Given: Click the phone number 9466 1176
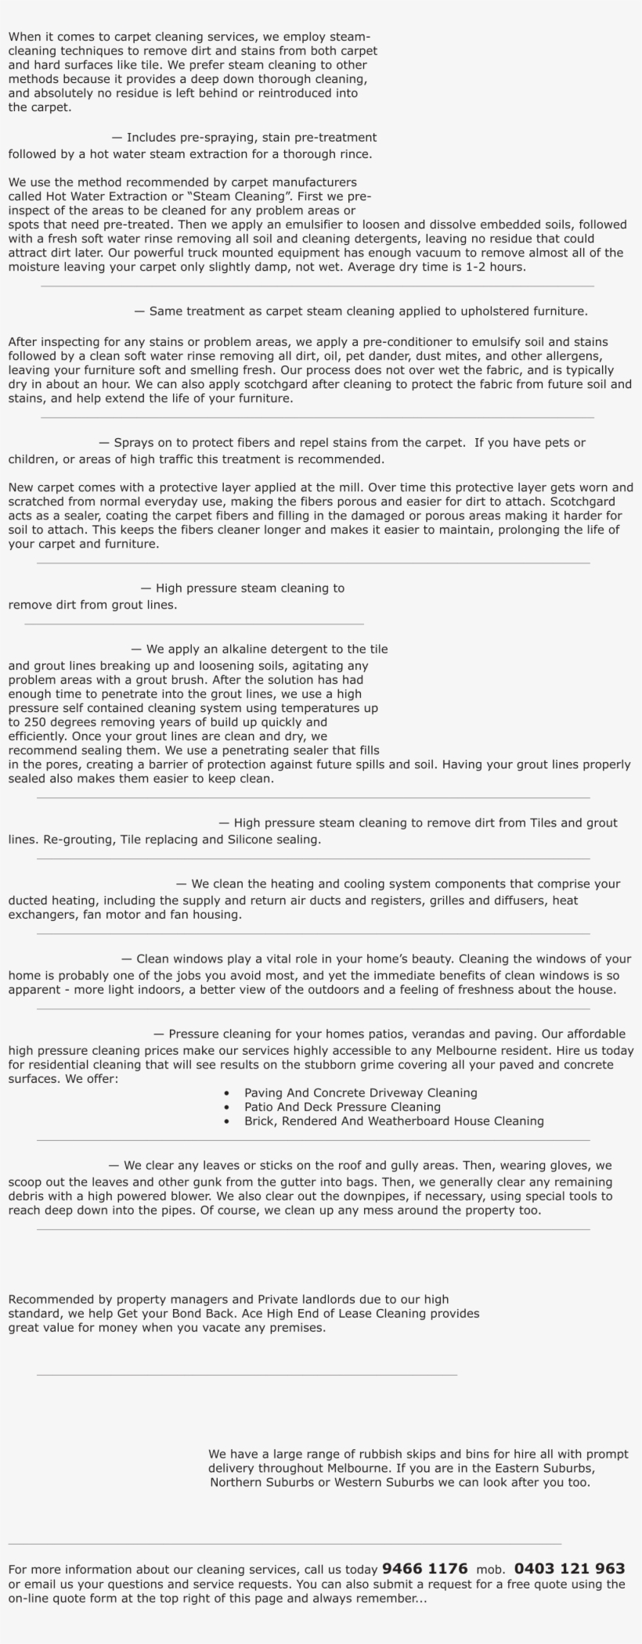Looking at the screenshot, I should (x=424, y=1569).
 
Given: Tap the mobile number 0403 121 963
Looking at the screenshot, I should (x=569, y=1569).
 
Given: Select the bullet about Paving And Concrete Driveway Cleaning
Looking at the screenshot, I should (x=360, y=1093).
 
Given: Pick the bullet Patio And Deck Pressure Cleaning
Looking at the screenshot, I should (x=342, y=1107).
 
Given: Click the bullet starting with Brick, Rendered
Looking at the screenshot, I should (x=394, y=1121).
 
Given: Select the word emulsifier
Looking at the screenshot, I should (x=325, y=225).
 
